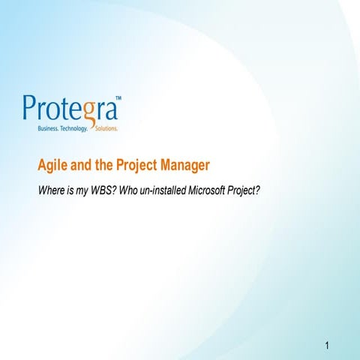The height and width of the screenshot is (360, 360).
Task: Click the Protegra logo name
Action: pos(71,109)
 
